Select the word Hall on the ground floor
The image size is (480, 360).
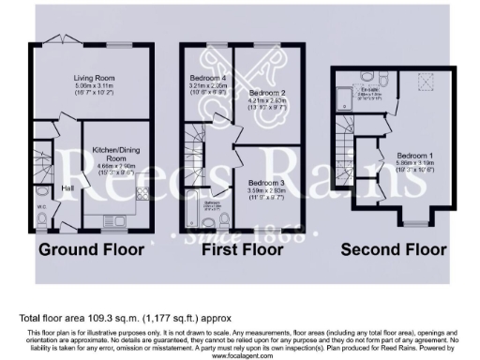68,187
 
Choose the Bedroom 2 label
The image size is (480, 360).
267,93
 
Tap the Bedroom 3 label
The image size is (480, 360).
267,182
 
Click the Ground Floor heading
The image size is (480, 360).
91,249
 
